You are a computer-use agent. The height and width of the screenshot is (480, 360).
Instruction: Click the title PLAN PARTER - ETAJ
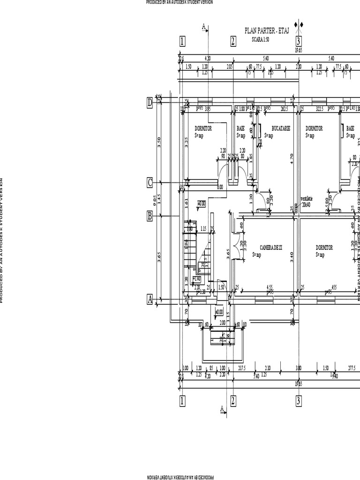tap(267, 30)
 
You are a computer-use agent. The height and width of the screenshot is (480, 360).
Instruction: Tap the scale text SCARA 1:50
tap(261, 39)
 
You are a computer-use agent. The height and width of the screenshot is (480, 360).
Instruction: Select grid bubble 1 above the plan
tap(182, 42)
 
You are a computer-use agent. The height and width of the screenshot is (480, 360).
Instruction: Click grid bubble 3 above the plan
tap(299, 41)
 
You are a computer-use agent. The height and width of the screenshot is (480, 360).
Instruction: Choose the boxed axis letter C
tap(150, 182)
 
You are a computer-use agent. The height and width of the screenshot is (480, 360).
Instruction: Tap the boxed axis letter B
tap(150, 216)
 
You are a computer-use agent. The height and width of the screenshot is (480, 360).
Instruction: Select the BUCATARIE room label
tap(281, 128)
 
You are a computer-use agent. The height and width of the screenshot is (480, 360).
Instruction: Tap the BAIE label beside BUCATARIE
tap(240, 128)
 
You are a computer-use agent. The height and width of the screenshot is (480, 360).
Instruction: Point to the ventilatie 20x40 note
tap(307, 201)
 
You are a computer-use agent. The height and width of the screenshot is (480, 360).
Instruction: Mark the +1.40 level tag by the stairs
tap(197, 278)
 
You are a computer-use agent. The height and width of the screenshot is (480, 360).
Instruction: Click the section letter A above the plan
tap(204, 27)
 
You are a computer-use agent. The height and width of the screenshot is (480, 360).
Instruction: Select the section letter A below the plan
tap(222, 409)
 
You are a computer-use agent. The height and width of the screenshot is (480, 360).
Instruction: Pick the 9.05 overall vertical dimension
tap(155, 200)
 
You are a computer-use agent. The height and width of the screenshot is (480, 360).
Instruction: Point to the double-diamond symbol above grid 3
tap(299, 24)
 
